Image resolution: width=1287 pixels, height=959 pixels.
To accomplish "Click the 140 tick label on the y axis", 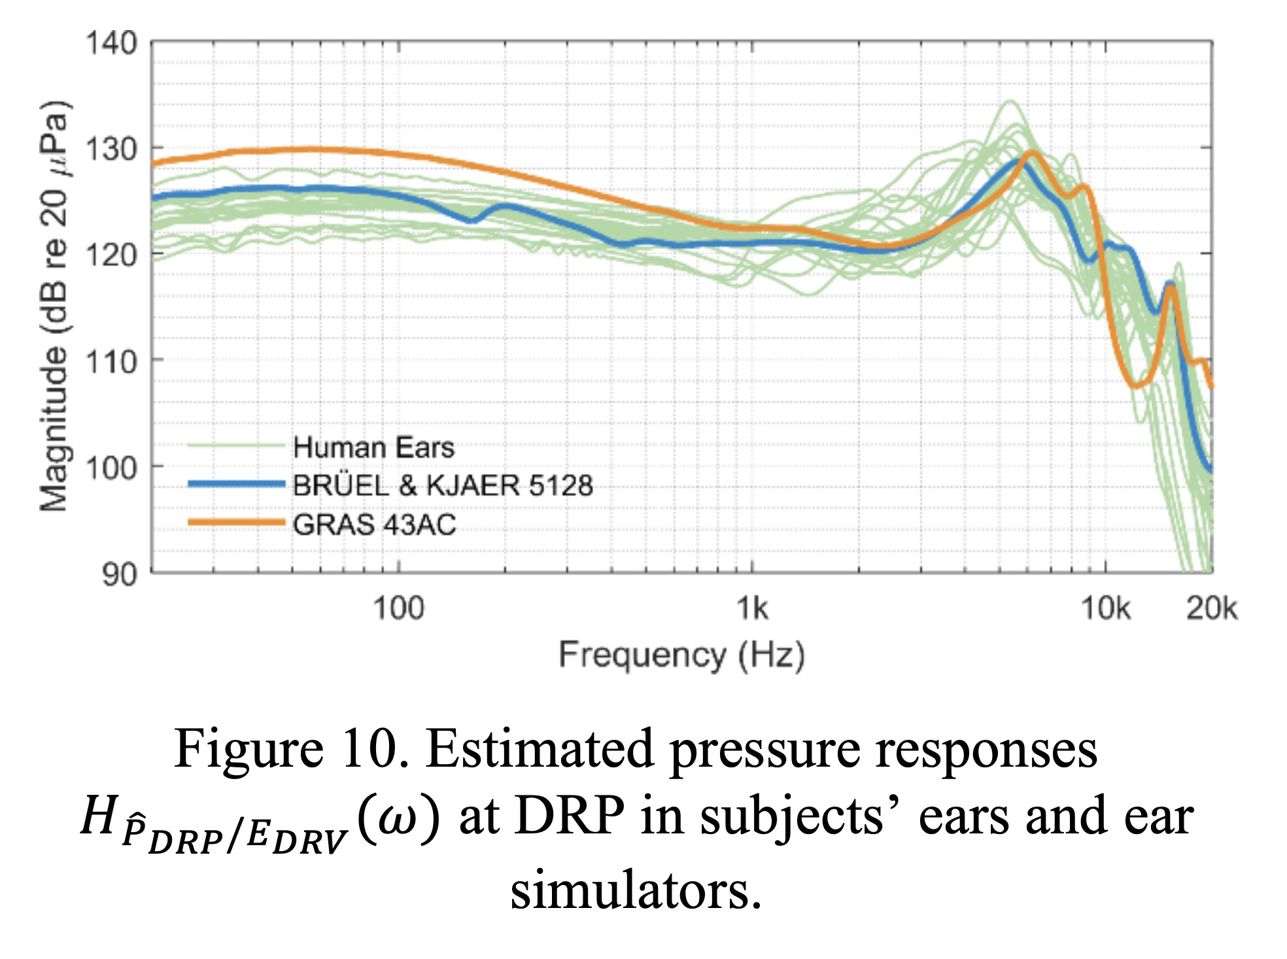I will coord(111,44).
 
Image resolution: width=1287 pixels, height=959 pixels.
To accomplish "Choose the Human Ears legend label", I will coord(373,448).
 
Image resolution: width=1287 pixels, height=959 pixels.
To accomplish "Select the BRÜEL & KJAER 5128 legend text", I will coord(443,486).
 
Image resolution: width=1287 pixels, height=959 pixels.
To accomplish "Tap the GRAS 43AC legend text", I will coord(374,525).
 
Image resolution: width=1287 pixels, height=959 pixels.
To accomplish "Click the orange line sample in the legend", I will coord(236,523).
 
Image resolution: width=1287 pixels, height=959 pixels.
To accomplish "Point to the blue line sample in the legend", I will coord(236,484).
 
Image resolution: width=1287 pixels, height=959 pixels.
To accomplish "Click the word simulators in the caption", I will coord(636,891).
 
